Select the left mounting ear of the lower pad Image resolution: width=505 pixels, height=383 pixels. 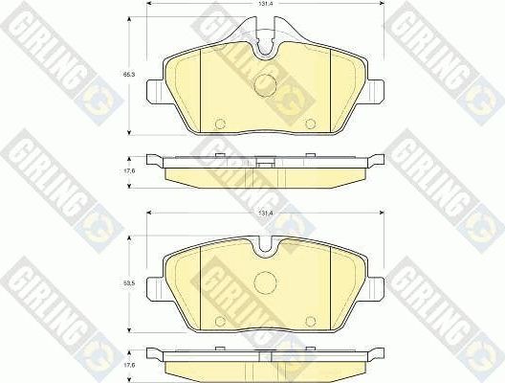(x=155, y=283)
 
